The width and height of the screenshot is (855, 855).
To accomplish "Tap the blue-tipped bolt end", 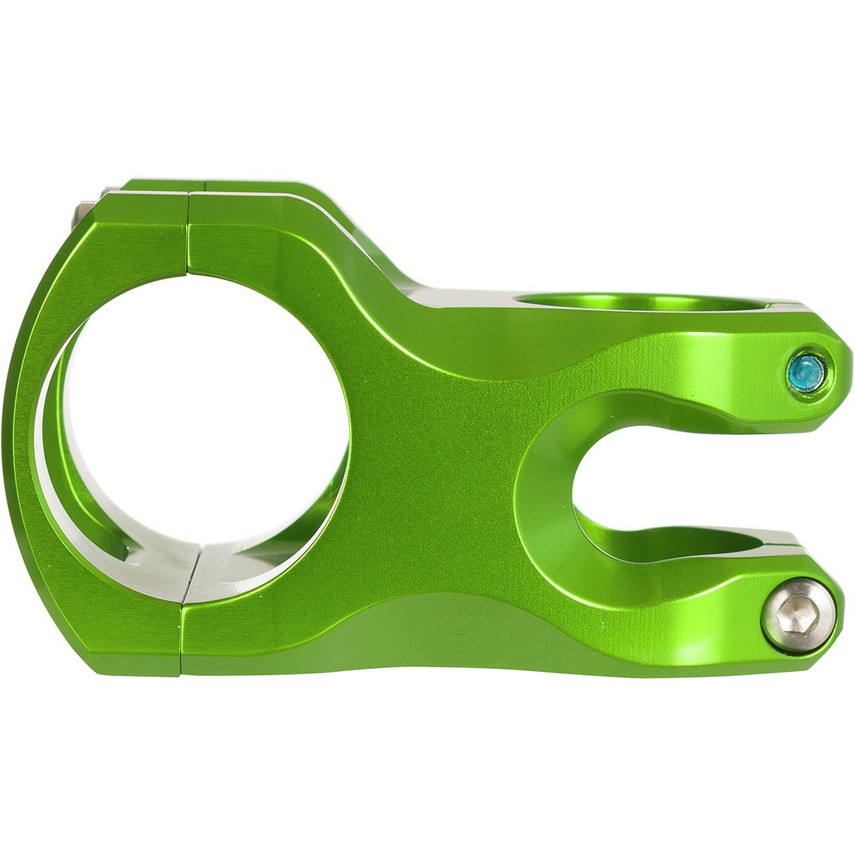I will click(806, 370).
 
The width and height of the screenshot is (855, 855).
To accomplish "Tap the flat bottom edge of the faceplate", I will click(135, 670).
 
